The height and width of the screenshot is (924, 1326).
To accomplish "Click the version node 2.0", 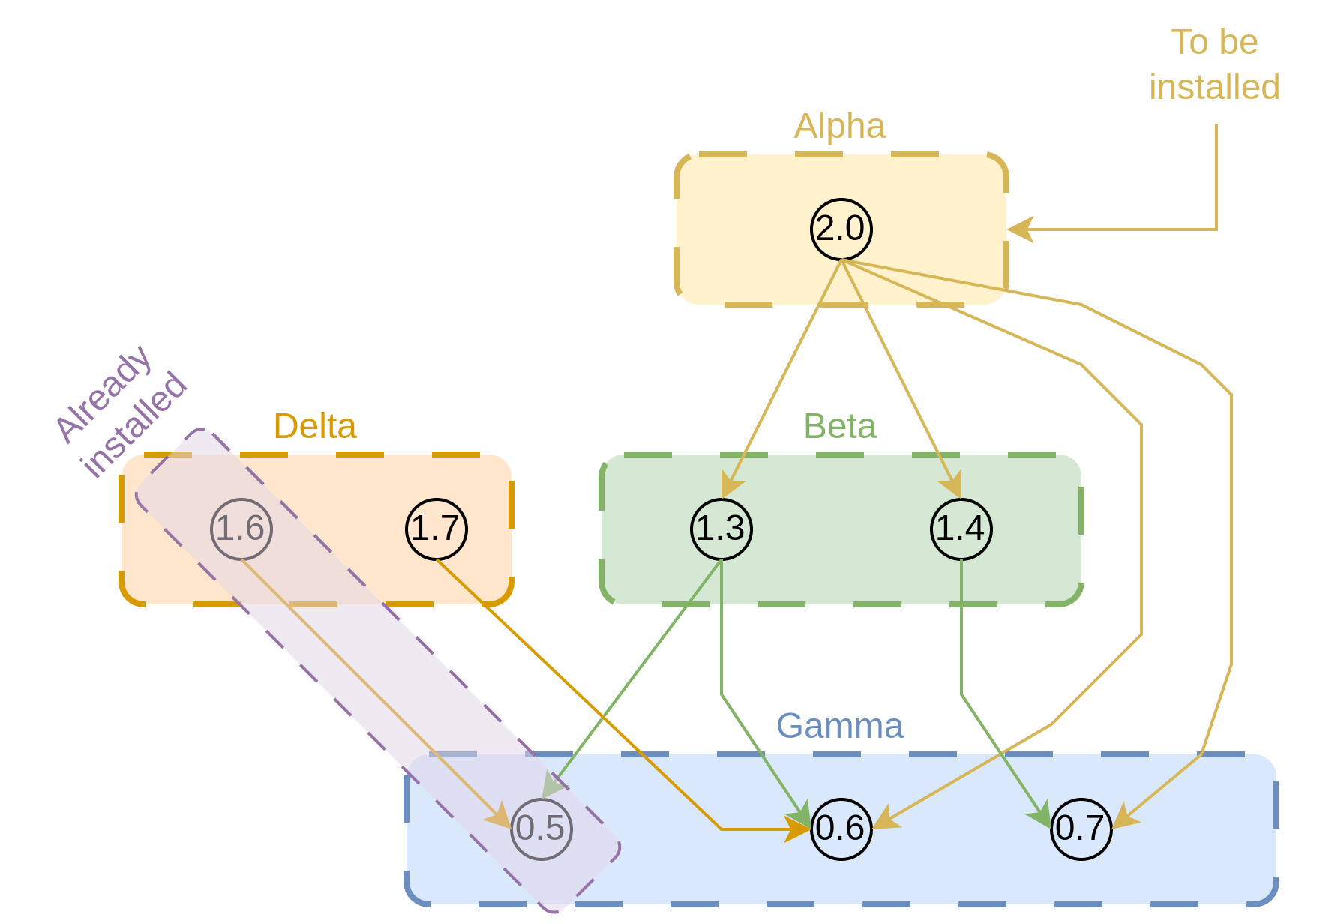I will click(x=841, y=229).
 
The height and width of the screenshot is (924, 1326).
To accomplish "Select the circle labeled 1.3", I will click(x=721, y=529).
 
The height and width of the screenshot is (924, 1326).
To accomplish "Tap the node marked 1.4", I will click(x=961, y=529).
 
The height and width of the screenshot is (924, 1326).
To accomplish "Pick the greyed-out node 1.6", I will click(x=241, y=529).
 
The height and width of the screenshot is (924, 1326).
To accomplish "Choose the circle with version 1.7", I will click(x=436, y=529).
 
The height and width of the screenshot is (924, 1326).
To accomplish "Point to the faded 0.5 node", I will click(x=541, y=829).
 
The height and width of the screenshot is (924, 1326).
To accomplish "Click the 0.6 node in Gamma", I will click(x=841, y=829).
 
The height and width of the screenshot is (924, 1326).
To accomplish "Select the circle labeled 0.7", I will click(x=1081, y=829).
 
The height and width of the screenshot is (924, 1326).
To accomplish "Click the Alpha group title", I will click(x=840, y=126).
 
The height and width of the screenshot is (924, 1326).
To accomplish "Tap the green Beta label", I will click(x=840, y=426).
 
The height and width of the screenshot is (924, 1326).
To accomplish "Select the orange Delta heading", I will click(x=315, y=426).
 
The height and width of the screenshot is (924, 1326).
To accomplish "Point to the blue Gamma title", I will click(x=840, y=726).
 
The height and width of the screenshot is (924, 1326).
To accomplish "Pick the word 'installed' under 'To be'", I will click(x=1214, y=87).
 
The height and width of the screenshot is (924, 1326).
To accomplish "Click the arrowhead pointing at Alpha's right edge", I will click(x=1020, y=229).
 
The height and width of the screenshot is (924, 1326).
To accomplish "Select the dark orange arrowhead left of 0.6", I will click(x=798, y=829).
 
